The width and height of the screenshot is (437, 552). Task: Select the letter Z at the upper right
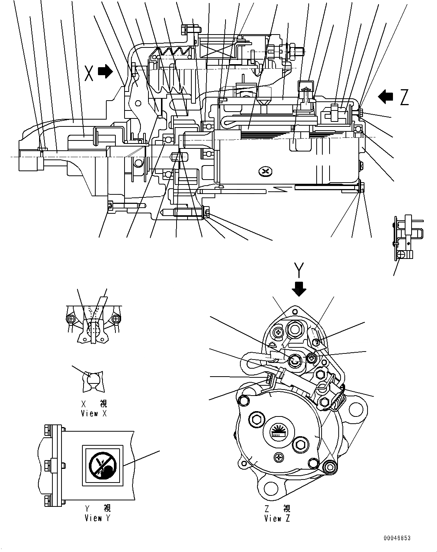coord(404,98)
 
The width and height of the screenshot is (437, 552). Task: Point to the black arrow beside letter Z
coord(386,96)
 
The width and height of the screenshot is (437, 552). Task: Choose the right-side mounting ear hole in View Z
coord(358,409)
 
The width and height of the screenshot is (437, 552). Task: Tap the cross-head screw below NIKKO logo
coord(279,458)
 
